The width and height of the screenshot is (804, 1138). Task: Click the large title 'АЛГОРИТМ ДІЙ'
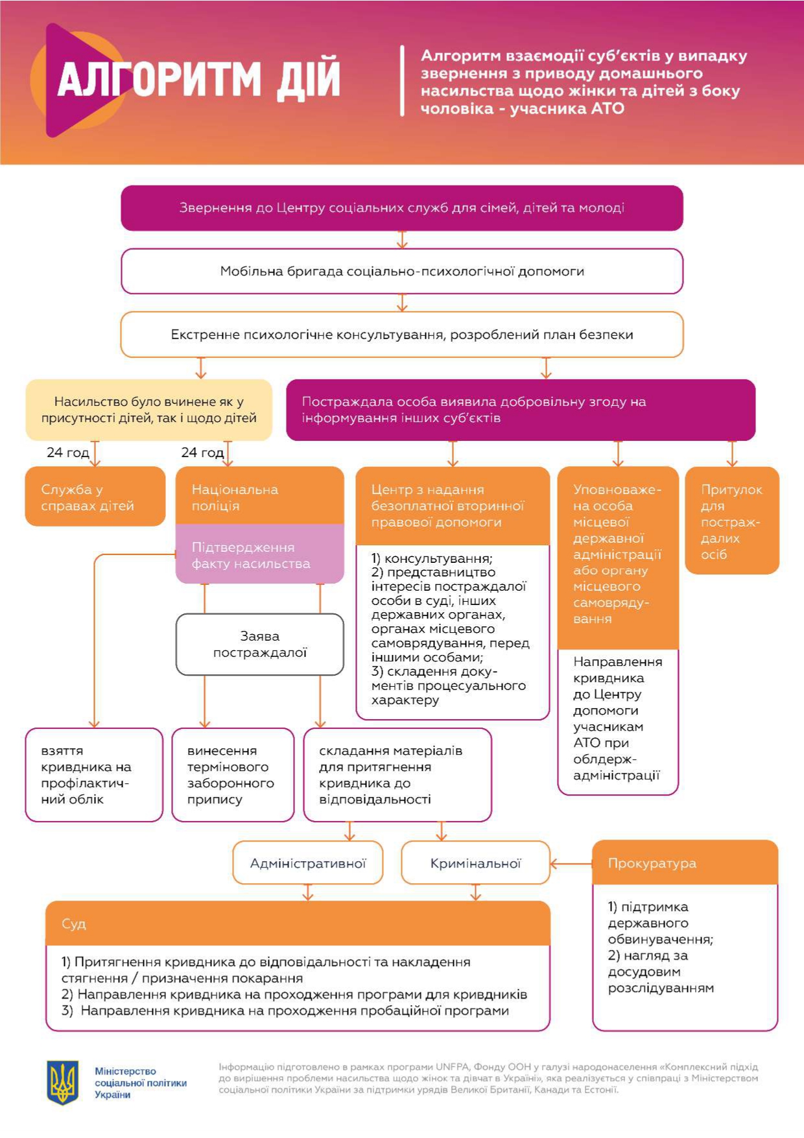click(x=198, y=79)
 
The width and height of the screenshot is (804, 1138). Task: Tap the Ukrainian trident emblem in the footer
click(x=63, y=1082)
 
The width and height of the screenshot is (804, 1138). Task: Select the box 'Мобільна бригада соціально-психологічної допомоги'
click(x=402, y=271)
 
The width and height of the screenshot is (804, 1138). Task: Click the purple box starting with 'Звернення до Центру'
click(x=402, y=208)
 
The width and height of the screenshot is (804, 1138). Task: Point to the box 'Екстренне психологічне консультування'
click(x=402, y=335)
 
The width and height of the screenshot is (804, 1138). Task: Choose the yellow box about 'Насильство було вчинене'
click(x=148, y=410)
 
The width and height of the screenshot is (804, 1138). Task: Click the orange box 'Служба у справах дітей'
click(x=95, y=497)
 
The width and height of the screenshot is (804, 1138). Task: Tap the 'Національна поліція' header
click(x=260, y=496)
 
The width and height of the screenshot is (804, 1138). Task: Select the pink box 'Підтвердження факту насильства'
click(x=260, y=554)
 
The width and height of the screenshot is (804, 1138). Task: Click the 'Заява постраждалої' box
click(x=260, y=645)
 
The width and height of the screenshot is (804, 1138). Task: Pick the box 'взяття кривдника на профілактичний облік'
click(x=94, y=775)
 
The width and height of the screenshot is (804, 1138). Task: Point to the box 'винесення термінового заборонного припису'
click(x=233, y=775)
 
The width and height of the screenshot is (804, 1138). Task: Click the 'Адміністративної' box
click(x=308, y=863)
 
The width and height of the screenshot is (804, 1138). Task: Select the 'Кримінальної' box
click(x=475, y=863)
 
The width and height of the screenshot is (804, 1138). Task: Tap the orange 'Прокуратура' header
click(x=685, y=863)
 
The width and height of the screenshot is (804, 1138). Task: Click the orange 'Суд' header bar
click(x=298, y=923)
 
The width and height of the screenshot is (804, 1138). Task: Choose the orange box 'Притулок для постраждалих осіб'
click(x=732, y=521)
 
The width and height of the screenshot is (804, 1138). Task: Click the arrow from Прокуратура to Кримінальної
click(x=571, y=864)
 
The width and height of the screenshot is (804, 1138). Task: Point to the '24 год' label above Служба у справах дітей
click(x=67, y=453)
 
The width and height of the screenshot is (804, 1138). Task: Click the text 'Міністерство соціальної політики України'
click(x=141, y=1083)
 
